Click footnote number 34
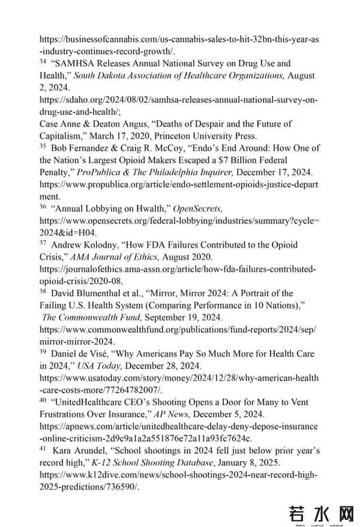pyautogui.click(x=43, y=61)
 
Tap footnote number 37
pyautogui.click(x=43, y=243)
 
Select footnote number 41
pyautogui.click(x=43, y=448)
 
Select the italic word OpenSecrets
pyautogui.click(x=197, y=208)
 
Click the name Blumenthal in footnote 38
pyautogui.click(x=102, y=294)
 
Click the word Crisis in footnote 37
pyautogui.click(x=53, y=257)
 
